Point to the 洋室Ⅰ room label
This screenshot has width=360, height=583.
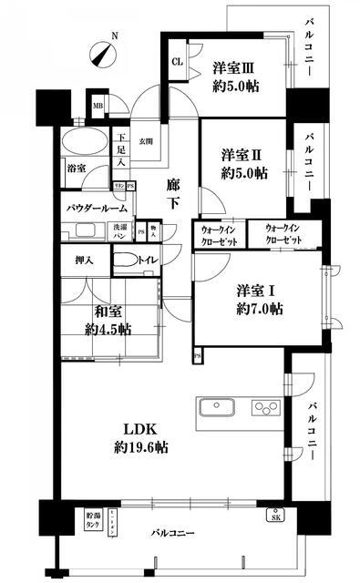[x=260, y=299]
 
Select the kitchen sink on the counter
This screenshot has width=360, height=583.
[x=216, y=406]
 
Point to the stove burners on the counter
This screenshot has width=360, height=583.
[x=265, y=406]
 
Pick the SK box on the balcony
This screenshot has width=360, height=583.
[x=274, y=517]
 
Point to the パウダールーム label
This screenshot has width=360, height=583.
[x=96, y=209]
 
